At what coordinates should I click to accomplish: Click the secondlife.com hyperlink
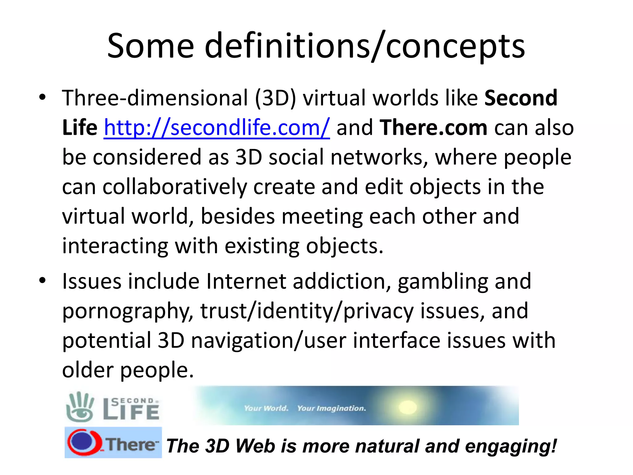[x=217, y=127]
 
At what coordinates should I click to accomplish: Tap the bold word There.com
[x=433, y=127]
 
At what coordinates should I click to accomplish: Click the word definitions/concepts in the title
[x=365, y=46]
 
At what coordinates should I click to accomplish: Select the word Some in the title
[x=151, y=46]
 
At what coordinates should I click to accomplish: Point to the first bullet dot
[x=42, y=98]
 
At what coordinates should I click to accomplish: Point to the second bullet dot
[x=42, y=281]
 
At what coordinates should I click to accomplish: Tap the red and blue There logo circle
[x=83, y=442]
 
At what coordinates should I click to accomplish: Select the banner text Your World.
[x=266, y=408]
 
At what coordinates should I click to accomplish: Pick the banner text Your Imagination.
[x=331, y=408]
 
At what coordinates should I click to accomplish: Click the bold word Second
[x=521, y=98]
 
